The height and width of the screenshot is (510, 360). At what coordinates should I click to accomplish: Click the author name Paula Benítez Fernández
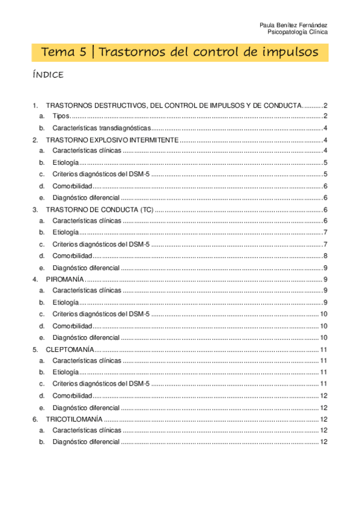(293, 25)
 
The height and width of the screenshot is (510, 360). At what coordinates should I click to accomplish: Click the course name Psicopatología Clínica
(297, 32)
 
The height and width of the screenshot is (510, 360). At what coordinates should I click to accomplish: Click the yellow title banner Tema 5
(180, 52)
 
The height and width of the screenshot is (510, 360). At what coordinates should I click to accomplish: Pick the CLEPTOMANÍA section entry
(69, 349)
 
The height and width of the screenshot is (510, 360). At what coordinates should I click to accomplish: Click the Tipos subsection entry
(61, 116)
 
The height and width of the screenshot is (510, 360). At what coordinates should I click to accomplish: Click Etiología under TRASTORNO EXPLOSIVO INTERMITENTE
(65, 163)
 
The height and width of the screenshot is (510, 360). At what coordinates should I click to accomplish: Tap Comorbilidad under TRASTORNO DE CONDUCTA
(72, 256)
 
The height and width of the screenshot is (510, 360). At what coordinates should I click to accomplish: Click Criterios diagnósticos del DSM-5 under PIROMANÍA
(101, 314)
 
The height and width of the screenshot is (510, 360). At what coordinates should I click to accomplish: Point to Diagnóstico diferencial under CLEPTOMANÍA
(86, 407)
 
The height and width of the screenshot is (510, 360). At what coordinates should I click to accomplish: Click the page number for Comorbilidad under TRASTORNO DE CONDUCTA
(325, 256)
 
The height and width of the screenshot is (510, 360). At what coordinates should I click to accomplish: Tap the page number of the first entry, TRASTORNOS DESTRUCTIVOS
(325, 105)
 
